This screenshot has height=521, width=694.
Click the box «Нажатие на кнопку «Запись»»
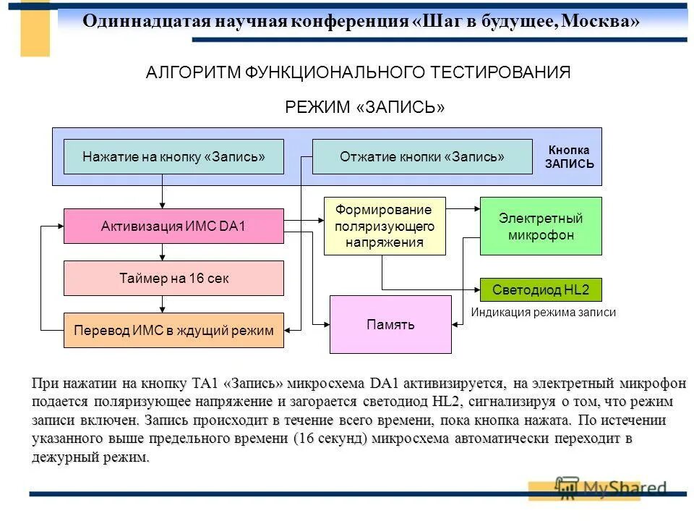click(173, 156)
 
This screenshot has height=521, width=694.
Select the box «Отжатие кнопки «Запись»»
click(422, 156)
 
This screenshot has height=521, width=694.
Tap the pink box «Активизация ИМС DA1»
click(173, 226)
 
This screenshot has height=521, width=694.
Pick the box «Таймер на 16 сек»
click(173, 278)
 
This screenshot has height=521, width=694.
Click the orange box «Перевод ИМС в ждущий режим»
click(173, 331)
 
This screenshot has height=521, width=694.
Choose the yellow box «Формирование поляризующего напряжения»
click(385, 226)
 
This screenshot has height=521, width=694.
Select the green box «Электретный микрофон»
click(541, 226)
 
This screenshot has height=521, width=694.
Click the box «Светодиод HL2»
click(541, 290)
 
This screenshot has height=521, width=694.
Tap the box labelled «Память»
click(390, 324)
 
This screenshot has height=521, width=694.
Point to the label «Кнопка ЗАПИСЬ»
click(569, 157)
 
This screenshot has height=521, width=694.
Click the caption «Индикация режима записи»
click(543, 313)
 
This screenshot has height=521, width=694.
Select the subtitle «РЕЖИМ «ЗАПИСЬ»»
click(364, 108)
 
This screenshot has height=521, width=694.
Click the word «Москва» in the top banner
click(600, 21)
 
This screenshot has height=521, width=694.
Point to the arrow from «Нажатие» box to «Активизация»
click(163, 192)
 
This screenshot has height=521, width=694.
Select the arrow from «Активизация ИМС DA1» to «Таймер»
click(163, 252)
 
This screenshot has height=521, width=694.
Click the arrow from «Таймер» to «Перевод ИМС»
click(163, 304)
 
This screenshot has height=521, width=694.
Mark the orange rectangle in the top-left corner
click(35, 29)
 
